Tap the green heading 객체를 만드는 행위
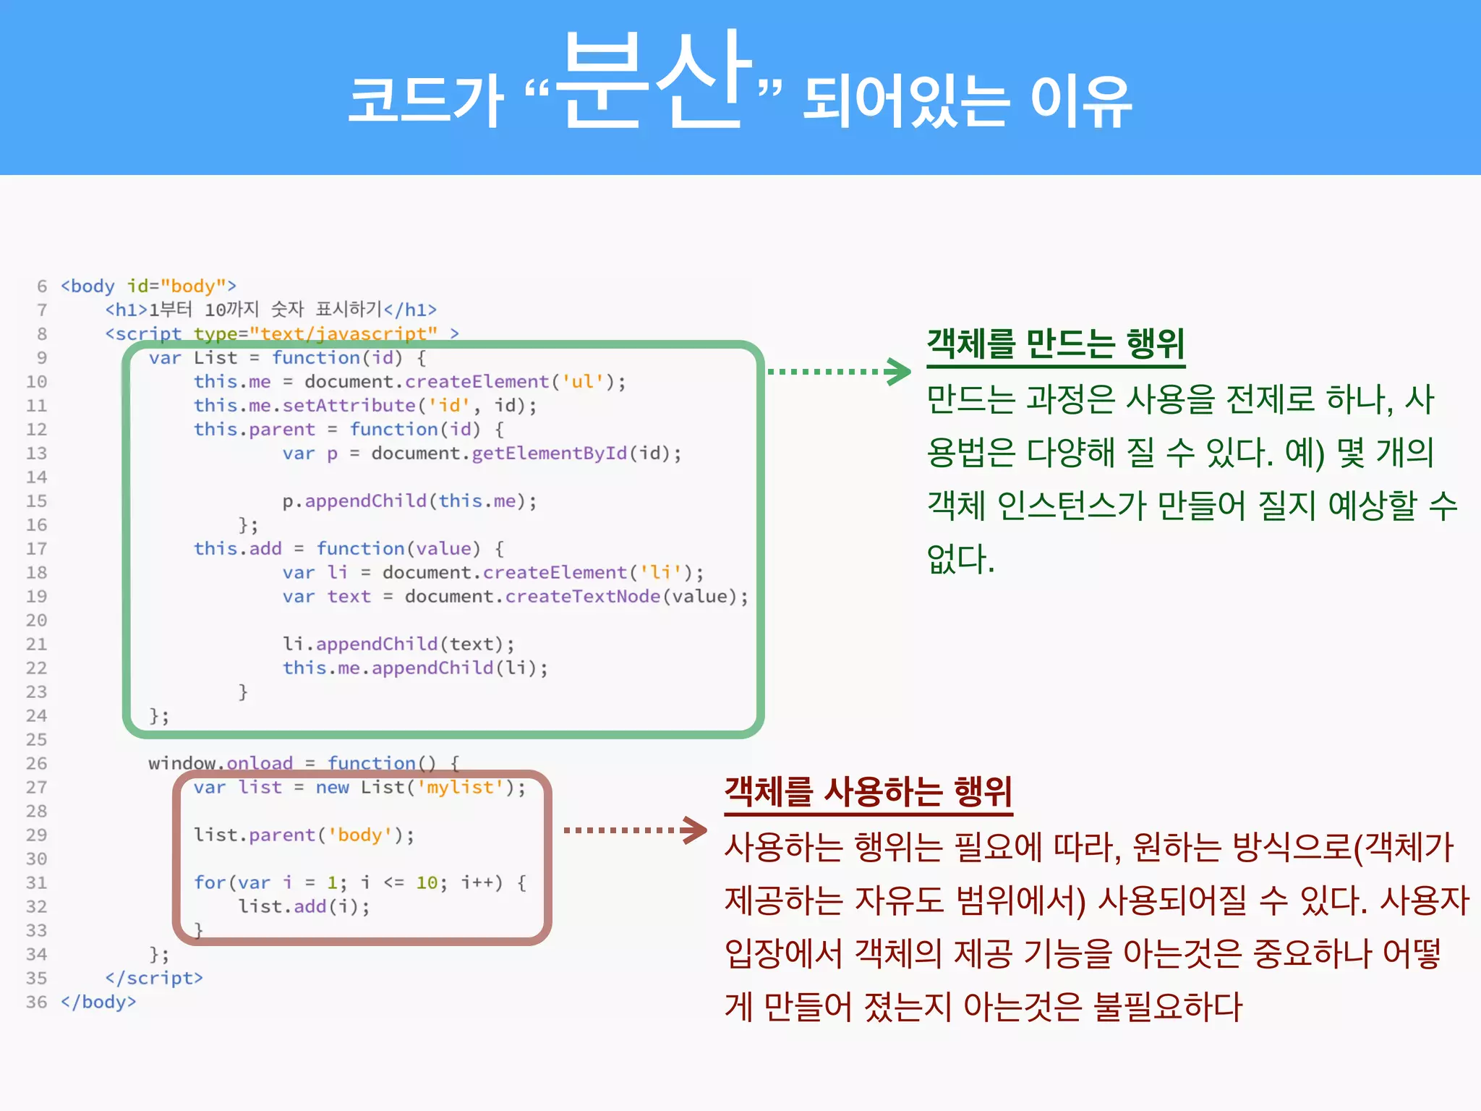1055,344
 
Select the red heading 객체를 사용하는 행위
868,791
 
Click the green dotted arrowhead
899,372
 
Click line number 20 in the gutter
37,621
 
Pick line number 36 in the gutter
37,1003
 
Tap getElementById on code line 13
549,454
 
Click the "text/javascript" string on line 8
343,333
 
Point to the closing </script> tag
154,978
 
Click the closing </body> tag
99,1003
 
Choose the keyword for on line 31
210,882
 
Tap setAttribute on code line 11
349,406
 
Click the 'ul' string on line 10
582,382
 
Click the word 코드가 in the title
425,101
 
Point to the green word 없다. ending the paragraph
960,559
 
